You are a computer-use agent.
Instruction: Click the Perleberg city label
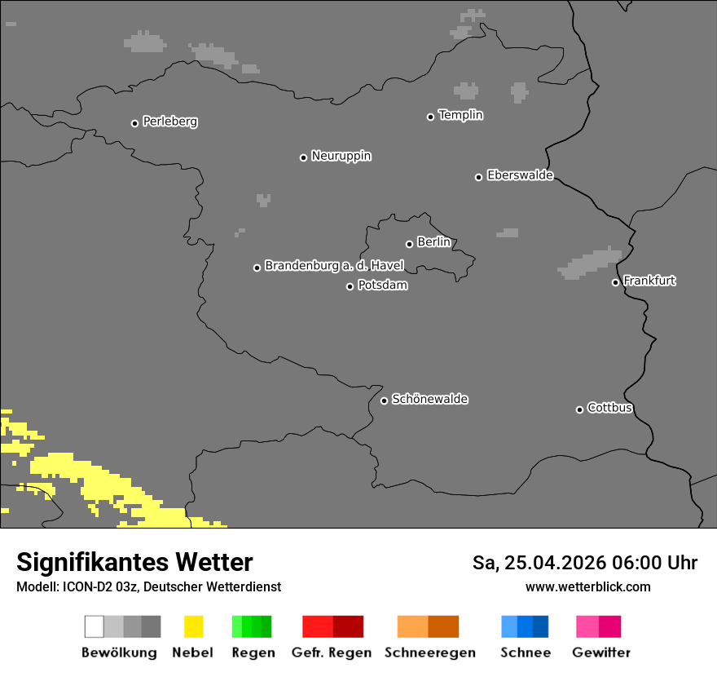(x=169, y=122)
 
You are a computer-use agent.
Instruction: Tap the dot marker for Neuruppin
(x=303, y=157)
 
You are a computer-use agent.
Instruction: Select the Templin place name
(x=460, y=115)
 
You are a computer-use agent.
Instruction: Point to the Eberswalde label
(x=520, y=175)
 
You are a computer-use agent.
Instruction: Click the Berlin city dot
(x=409, y=244)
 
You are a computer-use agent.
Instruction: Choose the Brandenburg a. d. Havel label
(x=334, y=266)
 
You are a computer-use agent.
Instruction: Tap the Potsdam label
(x=382, y=285)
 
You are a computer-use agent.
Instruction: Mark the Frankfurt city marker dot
(x=616, y=283)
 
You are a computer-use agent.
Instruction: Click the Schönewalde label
(x=429, y=399)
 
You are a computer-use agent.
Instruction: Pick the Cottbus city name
(x=609, y=408)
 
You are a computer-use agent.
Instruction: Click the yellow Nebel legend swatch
(x=193, y=626)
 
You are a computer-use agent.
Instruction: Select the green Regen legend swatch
(x=252, y=626)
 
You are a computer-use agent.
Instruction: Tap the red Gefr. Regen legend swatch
(x=332, y=626)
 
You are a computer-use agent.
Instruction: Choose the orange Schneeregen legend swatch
(x=429, y=626)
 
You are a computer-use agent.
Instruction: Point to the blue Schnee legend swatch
(x=525, y=626)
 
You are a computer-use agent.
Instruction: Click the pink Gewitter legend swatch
(x=598, y=626)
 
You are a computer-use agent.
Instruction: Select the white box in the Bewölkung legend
(x=95, y=626)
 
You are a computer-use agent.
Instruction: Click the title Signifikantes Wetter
(x=134, y=563)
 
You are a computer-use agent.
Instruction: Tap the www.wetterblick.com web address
(x=587, y=586)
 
